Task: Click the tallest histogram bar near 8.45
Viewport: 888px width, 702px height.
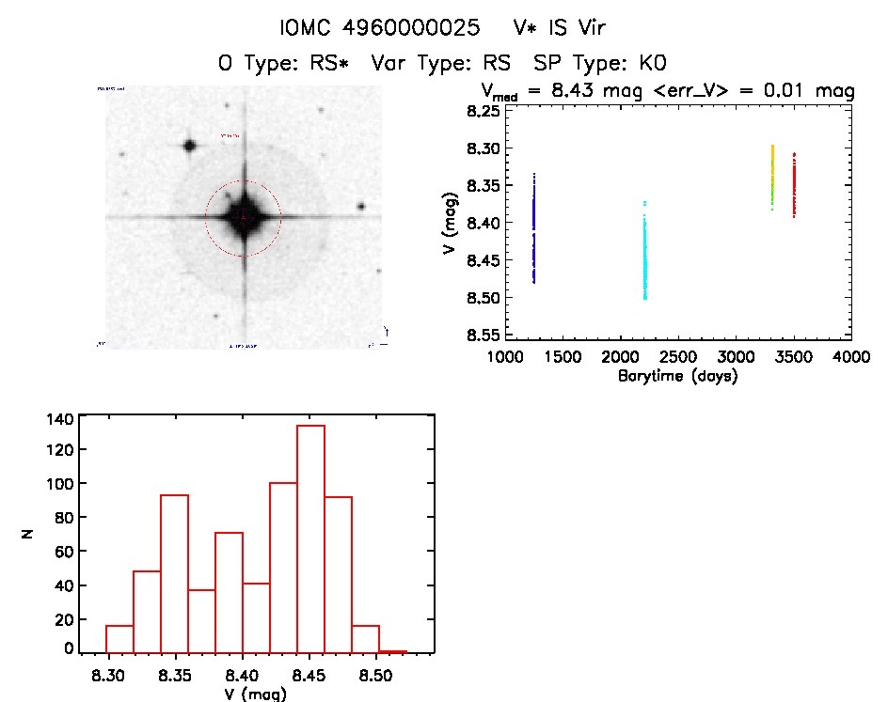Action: pos(310,538)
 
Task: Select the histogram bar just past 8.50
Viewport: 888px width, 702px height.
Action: pos(392,651)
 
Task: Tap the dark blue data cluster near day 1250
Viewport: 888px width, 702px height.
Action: pos(533,228)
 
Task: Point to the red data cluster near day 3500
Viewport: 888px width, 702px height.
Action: pos(794,186)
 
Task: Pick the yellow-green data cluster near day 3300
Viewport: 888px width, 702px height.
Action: pos(772,174)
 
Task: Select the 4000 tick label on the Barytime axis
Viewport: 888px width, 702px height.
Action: pos(851,357)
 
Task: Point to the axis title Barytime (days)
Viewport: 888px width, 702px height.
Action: pos(677,376)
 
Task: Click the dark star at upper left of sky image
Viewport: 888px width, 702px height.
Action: pos(190,146)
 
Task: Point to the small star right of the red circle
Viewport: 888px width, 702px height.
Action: pos(360,207)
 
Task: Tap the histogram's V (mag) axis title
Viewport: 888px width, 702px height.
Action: pos(255,694)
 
